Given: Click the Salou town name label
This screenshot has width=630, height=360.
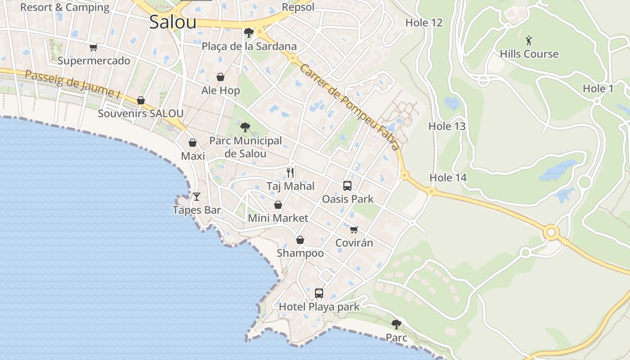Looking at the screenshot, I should pos(173,22).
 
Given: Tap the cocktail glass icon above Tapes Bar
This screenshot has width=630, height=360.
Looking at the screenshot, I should pos(197,196).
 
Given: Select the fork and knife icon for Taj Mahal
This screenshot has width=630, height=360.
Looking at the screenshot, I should pos(290,172).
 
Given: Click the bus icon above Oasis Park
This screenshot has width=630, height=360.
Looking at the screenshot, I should pos(347,185).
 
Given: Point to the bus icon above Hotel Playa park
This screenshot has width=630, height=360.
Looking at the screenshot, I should pos(319,293).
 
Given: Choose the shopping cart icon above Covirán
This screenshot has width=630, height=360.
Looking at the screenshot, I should pos(354,229).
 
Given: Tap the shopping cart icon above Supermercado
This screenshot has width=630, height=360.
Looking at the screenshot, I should pos(94,47).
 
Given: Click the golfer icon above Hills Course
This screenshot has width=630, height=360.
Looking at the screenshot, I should pos(529,40).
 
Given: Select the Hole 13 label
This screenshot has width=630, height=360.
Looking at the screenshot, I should pos(447,126).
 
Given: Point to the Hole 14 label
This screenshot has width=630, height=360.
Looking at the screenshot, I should pos(448,178).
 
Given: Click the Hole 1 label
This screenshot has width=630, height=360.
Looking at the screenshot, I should pos(598,89).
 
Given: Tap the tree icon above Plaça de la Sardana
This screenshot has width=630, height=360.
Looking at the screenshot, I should pos(248,32).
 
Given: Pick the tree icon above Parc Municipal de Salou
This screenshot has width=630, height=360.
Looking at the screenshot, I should pos(245,127).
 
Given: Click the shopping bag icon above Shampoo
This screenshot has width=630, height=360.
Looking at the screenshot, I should pos(300,240).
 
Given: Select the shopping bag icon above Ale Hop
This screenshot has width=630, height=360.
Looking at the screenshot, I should pos(220,77).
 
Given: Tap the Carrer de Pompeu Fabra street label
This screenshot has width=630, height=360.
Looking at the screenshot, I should pos(349,107).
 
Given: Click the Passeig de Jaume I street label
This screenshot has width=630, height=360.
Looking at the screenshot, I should pos(73,85).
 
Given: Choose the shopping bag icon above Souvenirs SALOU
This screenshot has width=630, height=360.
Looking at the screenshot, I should pos(141,100).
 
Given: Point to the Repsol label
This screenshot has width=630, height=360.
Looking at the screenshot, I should pos(298,7).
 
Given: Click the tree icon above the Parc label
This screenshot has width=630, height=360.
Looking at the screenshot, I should pos(396,324).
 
